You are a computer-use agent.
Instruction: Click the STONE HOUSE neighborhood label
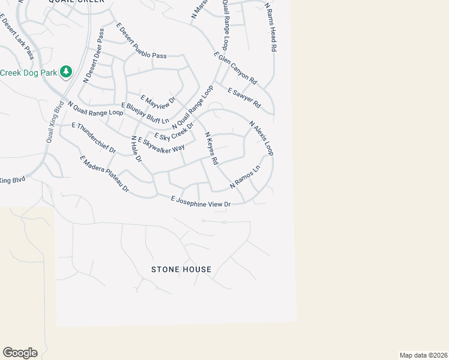tap(181, 269)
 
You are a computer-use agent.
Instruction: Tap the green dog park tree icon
tap(66, 73)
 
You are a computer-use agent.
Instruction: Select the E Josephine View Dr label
tap(200, 202)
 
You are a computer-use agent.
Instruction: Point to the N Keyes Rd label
tap(211, 149)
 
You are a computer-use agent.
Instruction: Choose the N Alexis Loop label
tap(261, 138)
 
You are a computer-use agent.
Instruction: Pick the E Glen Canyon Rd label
tap(235, 68)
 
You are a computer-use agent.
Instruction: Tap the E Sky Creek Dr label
tap(174, 130)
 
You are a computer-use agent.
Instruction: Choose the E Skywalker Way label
tap(161, 145)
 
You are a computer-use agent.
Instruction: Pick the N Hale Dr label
tap(136, 150)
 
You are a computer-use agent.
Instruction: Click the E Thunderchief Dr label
tap(94, 138)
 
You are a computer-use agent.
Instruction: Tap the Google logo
tap(20, 353)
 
